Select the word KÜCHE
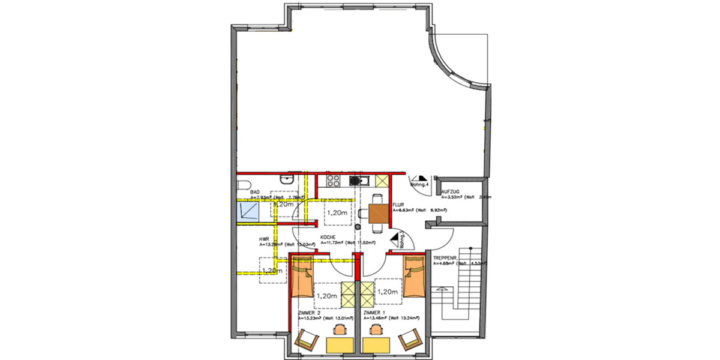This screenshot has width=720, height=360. click(x=327, y=237)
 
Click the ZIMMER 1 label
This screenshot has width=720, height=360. click(x=375, y=313)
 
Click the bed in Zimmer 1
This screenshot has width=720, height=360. click(x=413, y=278)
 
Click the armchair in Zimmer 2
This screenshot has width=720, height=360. click(x=306, y=341)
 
